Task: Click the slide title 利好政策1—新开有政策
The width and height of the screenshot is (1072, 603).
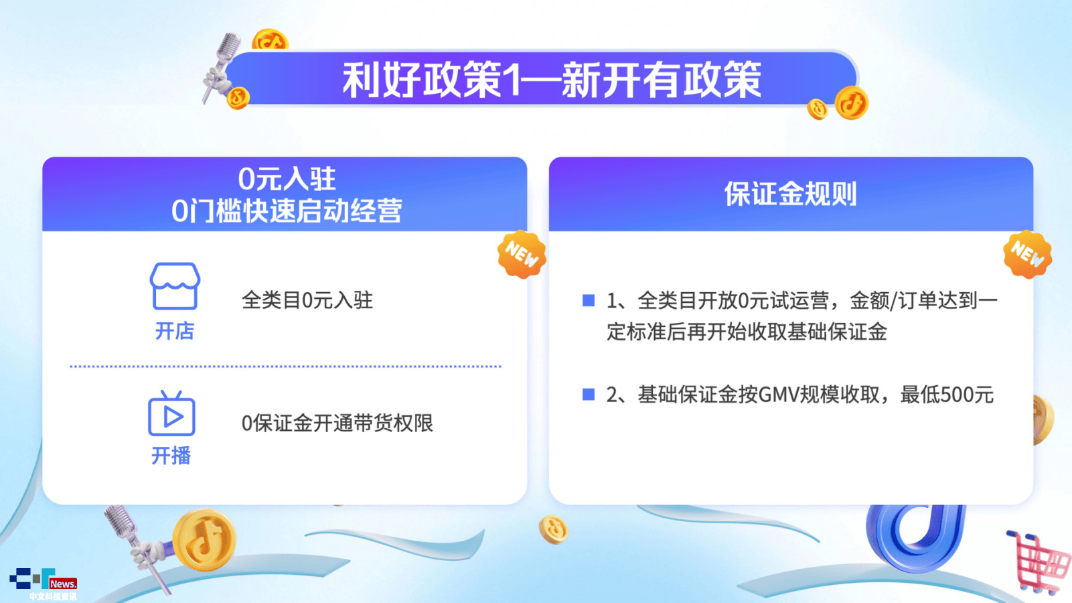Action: click(551, 80)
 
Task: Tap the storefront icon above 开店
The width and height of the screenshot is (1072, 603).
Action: click(175, 286)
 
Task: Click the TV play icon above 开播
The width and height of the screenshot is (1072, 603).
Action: click(171, 413)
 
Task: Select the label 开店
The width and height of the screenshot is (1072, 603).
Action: click(174, 331)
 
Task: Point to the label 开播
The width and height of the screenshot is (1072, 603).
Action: click(171, 455)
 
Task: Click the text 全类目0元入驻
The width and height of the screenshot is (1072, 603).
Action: click(307, 300)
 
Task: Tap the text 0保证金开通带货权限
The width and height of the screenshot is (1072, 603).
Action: click(337, 423)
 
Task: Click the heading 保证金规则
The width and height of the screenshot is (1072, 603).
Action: click(791, 194)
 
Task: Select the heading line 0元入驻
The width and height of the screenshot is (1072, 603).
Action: click(287, 179)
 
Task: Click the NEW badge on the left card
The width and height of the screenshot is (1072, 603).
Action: click(522, 255)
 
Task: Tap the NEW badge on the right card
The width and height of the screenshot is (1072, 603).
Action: click(1028, 254)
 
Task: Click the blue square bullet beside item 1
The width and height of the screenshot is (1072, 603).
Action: click(588, 300)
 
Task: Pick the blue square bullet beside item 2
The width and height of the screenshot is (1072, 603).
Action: click(588, 394)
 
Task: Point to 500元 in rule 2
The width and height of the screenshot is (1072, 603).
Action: click(967, 395)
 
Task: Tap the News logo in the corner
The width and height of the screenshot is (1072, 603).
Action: click(43, 582)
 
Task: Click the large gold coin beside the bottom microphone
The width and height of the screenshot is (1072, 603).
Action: click(204, 540)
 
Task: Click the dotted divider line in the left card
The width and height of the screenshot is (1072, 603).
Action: click(286, 366)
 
